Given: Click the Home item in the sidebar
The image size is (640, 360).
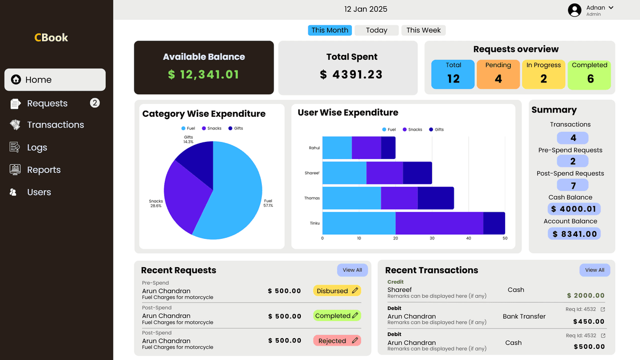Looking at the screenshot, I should (55, 80).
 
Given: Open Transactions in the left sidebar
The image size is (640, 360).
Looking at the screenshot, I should (55, 125).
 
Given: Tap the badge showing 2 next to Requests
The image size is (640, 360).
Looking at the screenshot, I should (95, 103).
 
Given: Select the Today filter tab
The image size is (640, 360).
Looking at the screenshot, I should (377, 30).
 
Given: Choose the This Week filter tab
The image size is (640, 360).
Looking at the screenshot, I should (423, 30).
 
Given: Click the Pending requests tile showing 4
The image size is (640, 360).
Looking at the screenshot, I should (498, 74).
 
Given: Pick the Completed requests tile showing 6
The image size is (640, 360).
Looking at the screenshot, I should (589, 74).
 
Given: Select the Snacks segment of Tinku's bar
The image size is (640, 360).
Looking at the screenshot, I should (439, 223).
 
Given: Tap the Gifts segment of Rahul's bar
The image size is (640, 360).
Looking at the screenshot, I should (388, 148).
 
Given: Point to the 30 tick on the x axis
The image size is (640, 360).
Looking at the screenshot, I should (432, 238).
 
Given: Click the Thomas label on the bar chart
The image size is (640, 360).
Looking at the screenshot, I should (312, 198).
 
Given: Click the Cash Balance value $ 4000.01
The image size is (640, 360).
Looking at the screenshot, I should (574, 209).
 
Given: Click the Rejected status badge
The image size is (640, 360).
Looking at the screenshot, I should (337, 341).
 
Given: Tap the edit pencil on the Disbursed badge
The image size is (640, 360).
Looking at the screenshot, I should (355, 291).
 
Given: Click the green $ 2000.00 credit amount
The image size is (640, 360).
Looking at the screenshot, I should (586, 295).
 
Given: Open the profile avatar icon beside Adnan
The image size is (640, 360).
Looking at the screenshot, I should (574, 10).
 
